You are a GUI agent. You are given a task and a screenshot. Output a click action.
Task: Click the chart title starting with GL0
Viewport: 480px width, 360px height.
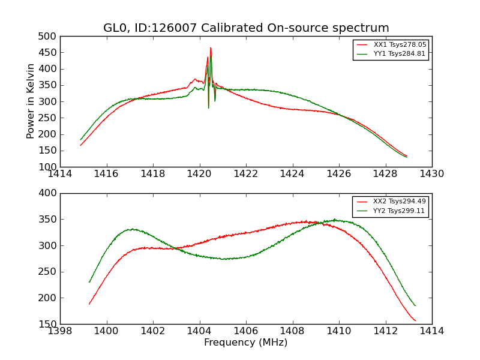coord(246,28)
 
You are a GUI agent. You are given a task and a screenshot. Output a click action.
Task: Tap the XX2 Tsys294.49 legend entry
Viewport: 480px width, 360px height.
coord(391,202)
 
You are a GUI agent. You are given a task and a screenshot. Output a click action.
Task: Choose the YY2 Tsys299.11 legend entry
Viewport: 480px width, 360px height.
coord(391,211)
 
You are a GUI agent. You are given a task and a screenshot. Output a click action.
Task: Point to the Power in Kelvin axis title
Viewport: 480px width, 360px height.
coord(30,101)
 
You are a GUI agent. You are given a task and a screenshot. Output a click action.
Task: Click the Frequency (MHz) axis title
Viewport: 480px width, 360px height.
coord(246,342)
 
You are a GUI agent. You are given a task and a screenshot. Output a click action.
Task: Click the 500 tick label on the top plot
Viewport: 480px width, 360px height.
coord(47,37)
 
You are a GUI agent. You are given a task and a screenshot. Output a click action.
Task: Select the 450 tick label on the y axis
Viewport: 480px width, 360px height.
coord(47,53)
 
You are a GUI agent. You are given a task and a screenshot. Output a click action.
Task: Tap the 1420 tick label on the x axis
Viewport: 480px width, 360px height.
coord(200,174)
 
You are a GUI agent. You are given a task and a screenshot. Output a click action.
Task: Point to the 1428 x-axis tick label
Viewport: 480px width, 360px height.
coord(386,174)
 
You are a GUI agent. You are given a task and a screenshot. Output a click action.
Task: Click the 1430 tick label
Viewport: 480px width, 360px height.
coord(432,174)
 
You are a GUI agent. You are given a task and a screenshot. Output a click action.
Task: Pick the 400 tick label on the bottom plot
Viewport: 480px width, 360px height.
coord(47,193)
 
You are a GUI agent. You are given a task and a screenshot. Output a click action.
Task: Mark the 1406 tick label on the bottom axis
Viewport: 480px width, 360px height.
coord(246,331)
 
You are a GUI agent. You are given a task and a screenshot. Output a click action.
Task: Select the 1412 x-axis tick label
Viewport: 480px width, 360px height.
coord(386,331)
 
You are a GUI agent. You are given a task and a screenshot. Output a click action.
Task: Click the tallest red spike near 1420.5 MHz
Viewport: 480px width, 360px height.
coord(211,48)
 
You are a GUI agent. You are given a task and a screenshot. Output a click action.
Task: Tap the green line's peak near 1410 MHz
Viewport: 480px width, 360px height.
coord(335,220)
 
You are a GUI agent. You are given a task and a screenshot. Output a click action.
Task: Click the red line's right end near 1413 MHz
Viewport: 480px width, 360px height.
coord(415,320)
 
